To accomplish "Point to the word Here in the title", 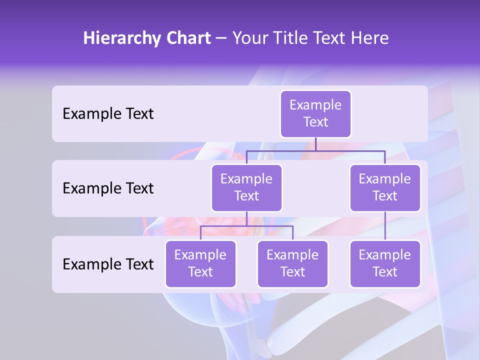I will pyautogui.click(x=369, y=38).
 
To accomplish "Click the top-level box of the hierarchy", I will pyautogui.click(x=315, y=114).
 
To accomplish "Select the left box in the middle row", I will pyautogui.click(x=246, y=188).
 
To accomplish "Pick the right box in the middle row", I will pyautogui.click(x=385, y=188).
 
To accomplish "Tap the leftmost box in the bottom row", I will pyautogui.click(x=200, y=264).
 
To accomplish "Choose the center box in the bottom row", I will pyautogui.click(x=292, y=264).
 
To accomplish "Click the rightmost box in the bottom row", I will pyautogui.click(x=385, y=264).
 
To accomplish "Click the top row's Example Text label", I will pyautogui.click(x=108, y=114).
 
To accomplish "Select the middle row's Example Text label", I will pyautogui.click(x=108, y=188).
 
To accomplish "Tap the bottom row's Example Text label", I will pyautogui.click(x=108, y=264).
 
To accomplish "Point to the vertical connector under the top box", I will pyautogui.click(x=315, y=144).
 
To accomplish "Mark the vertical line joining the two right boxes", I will pyautogui.click(x=385, y=226).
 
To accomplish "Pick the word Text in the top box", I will pyautogui.click(x=315, y=122).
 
